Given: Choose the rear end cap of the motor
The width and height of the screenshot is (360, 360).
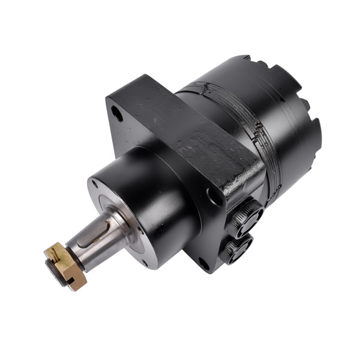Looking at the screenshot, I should coord(282,102).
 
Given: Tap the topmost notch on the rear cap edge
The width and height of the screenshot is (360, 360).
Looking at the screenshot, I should coord(246,58).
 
